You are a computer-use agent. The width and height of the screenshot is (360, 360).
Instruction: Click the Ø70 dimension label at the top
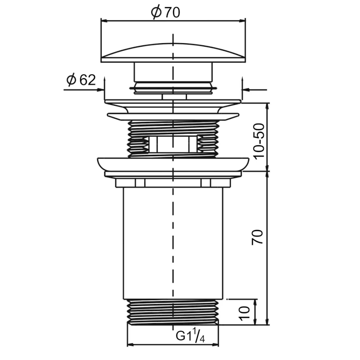(x=165, y=13)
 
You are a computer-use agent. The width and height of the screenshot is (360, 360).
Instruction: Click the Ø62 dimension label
(x=81, y=80)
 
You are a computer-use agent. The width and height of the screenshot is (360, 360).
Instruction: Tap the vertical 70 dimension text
(x=257, y=237)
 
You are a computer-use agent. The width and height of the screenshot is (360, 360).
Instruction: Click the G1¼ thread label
(x=190, y=336)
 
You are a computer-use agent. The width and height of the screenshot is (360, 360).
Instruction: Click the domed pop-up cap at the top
(x=173, y=53)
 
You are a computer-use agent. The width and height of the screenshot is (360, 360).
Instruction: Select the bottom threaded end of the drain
(x=173, y=312)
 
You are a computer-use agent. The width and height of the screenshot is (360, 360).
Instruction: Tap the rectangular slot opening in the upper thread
(x=173, y=144)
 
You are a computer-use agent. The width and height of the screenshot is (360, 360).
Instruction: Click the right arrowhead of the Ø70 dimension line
(x=243, y=21)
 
